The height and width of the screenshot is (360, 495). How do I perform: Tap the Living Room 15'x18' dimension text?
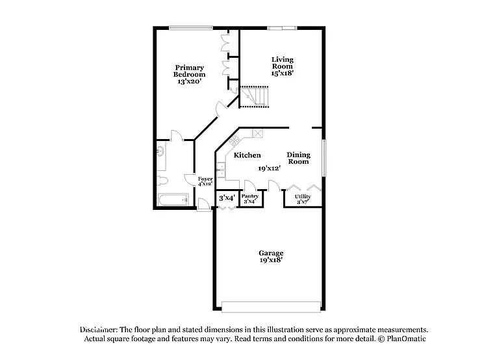pos(283,73)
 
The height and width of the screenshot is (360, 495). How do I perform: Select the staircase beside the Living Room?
pos(253,97)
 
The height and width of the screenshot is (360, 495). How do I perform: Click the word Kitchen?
pos(247,155)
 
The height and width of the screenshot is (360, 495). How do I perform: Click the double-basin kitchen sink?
pos(220,170)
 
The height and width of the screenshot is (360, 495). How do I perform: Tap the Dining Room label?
pos(299,158)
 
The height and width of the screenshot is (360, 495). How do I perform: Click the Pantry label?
pos(250,196)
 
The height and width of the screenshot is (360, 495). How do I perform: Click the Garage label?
pos(271,253)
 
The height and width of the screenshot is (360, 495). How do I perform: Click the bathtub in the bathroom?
pos(173,200)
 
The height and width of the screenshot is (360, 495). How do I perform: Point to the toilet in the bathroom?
pos(162,180)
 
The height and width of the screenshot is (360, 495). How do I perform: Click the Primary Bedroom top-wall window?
pos(190,27)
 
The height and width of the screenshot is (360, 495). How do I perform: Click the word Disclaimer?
pos(97,329)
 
